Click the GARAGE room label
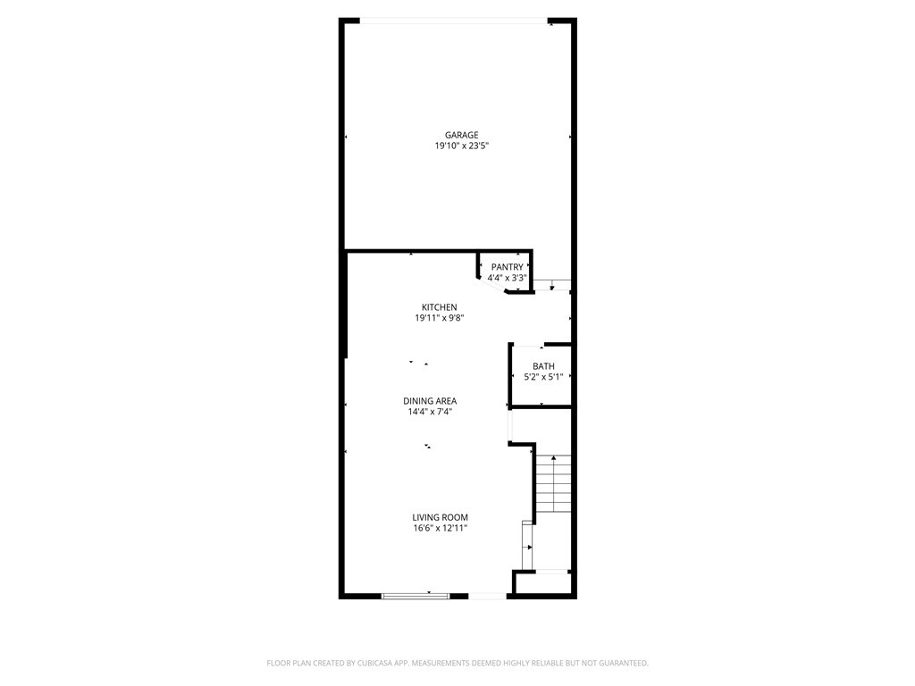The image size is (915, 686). [x=462, y=136]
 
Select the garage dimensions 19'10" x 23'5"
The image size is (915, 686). [x=462, y=146]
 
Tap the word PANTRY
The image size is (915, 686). [x=507, y=267]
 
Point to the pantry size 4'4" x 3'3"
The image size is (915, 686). [x=507, y=278]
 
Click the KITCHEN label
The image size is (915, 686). [x=440, y=307]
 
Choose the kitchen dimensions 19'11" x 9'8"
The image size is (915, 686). [x=440, y=318]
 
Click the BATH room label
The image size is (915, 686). [x=543, y=366]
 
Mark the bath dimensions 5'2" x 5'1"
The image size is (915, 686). [x=543, y=377]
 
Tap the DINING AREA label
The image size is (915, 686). [x=430, y=401]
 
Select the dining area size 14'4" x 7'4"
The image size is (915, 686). [x=430, y=412]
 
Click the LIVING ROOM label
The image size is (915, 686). [x=440, y=517]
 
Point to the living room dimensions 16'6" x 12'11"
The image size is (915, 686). [x=440, y=528]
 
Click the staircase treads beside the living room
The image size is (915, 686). [x=553, y=483]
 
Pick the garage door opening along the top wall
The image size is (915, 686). [x=454, y=21]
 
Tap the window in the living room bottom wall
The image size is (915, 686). [x=416, y=595]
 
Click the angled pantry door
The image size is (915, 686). [x=492, y=285]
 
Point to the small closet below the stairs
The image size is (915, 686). [x=543, y=582]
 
